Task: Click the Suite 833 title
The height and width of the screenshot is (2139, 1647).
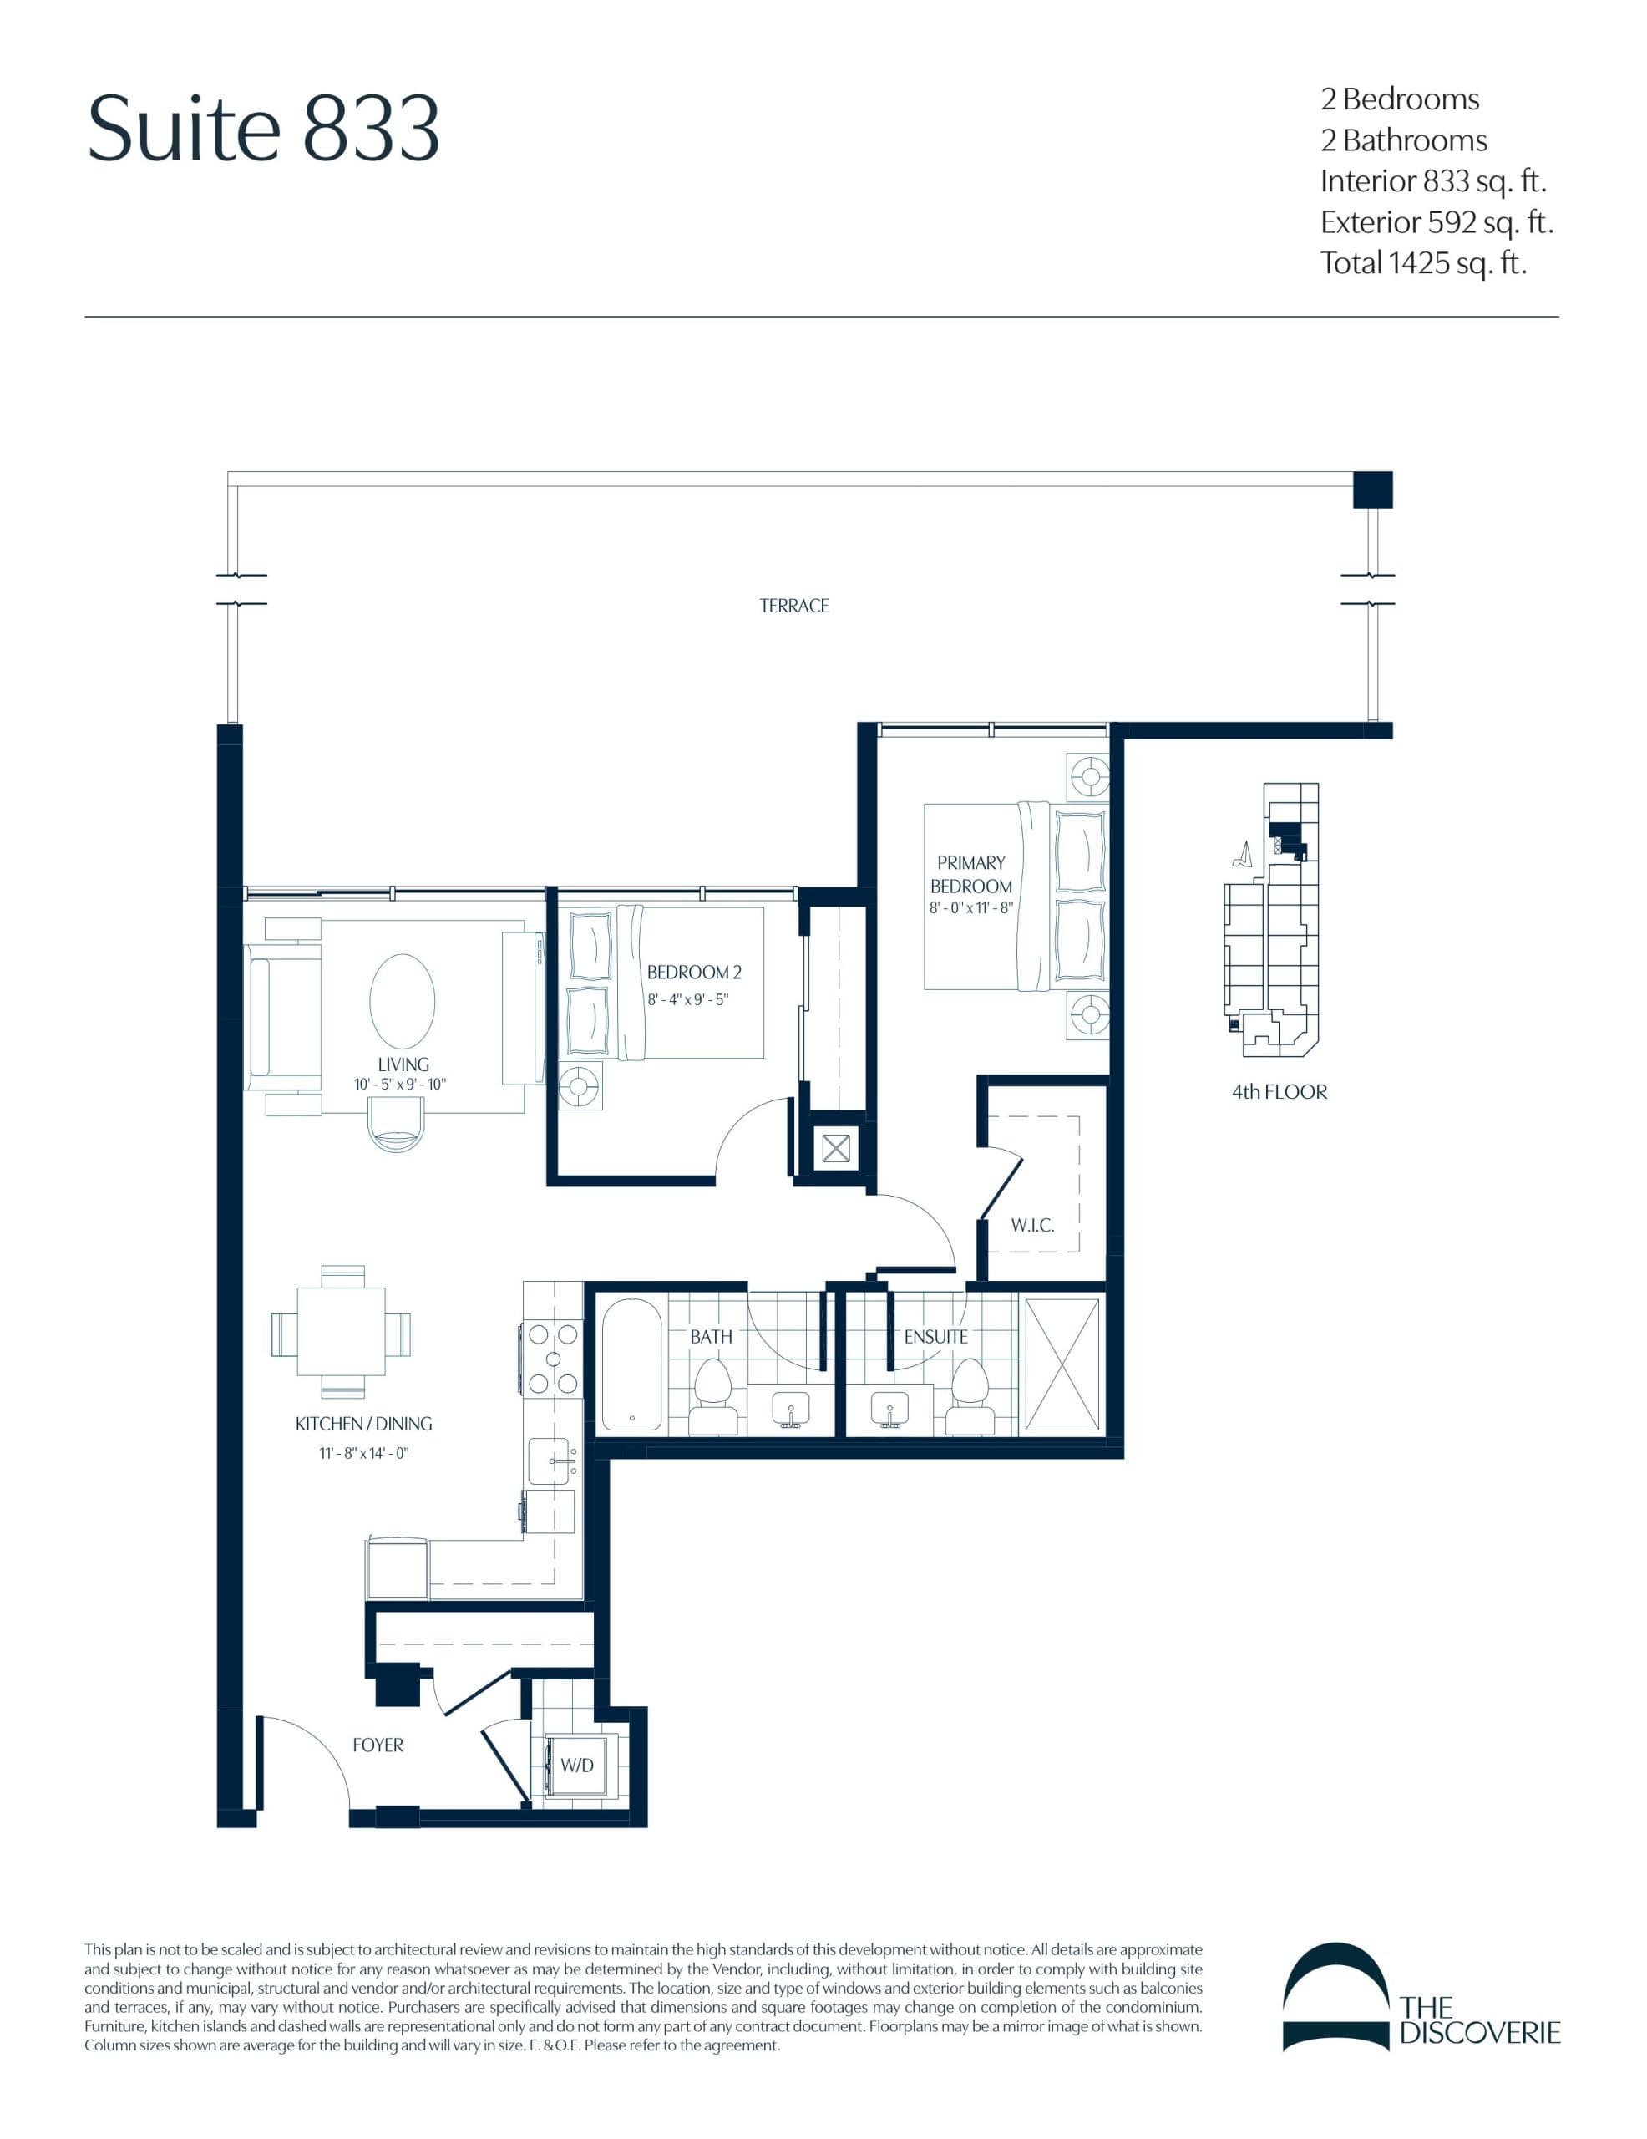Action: (x=262, y=129)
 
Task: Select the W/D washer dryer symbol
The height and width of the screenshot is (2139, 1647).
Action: (x=578, y=1765)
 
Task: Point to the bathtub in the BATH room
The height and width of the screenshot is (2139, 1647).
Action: (x=631, y=1365)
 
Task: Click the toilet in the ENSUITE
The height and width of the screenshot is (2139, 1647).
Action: (x=970, y=1393)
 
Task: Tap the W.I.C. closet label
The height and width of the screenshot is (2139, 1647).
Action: (x=1032, y=1225)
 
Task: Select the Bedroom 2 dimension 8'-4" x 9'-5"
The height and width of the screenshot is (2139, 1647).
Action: (x=687, y=1000)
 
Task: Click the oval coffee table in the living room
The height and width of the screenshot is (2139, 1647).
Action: (x=402, y=1001)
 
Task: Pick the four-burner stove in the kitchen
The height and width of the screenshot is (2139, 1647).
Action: (x=553, y=1359)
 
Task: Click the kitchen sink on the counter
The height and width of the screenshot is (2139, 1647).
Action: (x=550, y=1461)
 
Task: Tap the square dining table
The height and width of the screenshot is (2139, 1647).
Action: (x=341, y=1332)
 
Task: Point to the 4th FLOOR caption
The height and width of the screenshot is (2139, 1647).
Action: (x=1279, y=1092)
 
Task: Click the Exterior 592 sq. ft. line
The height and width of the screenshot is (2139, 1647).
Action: (x=1436, y=222)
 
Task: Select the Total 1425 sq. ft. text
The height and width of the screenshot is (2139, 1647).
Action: (x=1423, y=262)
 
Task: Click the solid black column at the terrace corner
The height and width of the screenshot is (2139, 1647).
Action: (x=1372, y=490)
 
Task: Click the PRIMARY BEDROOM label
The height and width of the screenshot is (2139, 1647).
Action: (x=970, y=874)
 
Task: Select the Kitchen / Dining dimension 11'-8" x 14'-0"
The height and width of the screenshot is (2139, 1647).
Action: (x=363, y=1453)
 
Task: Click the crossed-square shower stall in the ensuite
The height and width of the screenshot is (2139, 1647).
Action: (x=1062, y=1365)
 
